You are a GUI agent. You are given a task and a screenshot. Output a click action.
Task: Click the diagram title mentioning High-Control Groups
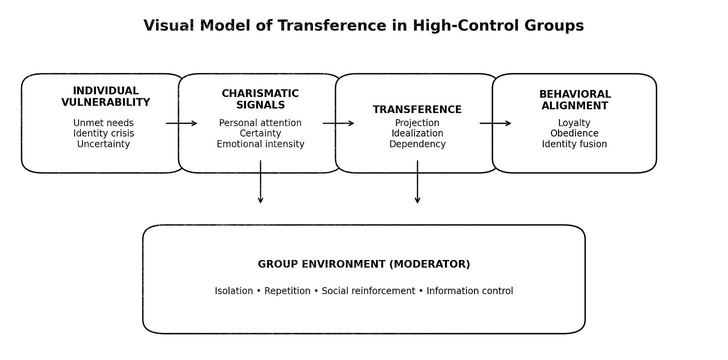click(363, 25)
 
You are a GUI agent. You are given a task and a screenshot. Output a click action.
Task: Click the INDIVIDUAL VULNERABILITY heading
click(105, 96)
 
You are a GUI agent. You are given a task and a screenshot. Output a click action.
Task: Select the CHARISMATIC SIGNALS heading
click(260, 99)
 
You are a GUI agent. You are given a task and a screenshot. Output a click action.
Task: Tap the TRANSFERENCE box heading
click(417, 109)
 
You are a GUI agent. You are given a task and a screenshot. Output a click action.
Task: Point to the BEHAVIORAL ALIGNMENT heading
click(575, 99)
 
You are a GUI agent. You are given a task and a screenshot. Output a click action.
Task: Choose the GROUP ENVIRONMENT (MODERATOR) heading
click(364, 264)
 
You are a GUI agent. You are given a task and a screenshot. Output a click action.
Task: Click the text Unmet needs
click(103, 123)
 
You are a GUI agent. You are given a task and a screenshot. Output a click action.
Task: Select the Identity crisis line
click(103, 133)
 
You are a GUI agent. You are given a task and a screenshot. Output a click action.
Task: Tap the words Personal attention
click(260, 123)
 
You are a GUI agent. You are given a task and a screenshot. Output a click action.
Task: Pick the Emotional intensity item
click(260, 144)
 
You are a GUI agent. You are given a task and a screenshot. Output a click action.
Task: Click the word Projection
click(417, 123)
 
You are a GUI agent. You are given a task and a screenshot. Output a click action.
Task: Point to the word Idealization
click(417, 133)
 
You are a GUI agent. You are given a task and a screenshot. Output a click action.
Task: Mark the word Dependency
click(417, 144)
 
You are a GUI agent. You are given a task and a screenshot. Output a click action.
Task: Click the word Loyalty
click(574, 123)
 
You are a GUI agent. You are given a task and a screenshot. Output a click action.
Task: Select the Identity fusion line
click(574, 144)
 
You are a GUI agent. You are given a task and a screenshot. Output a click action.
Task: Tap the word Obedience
click(574, 133)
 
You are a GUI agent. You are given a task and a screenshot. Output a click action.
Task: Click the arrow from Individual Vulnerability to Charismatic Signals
click(181, 123)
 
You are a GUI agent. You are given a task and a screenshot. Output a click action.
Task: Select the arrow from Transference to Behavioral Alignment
click(495, 123)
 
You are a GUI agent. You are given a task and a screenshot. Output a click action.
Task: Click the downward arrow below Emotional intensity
click(260, 182)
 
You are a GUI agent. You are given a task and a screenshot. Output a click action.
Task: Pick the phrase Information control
click(469, 291)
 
